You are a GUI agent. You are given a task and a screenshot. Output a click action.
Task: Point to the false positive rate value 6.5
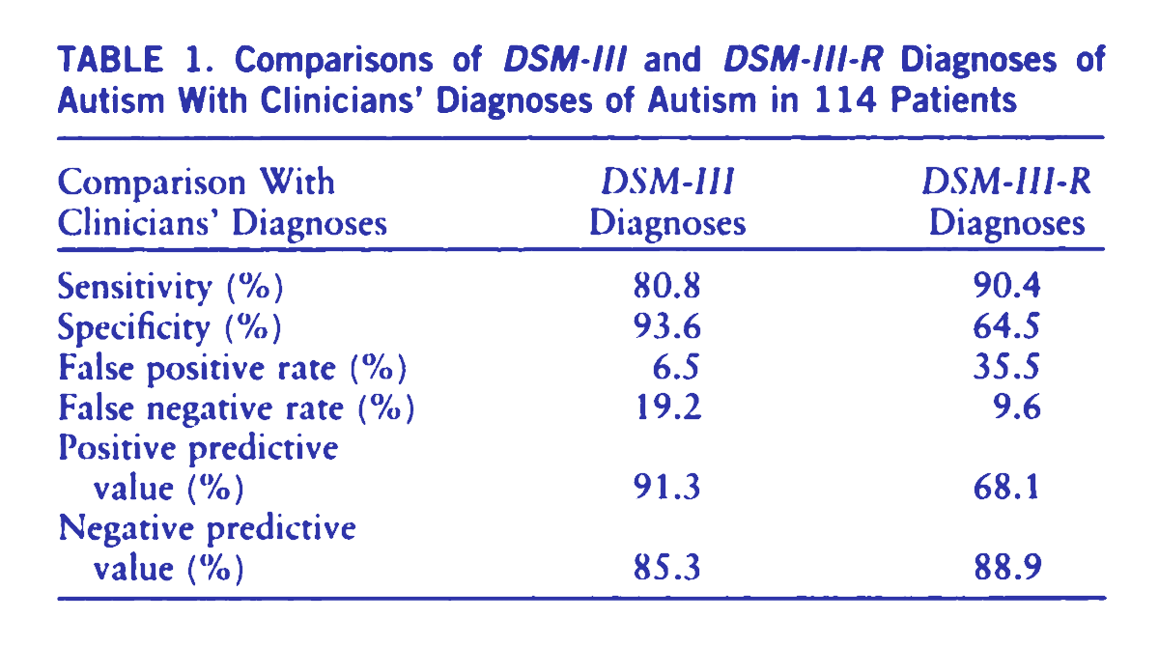[675, 369]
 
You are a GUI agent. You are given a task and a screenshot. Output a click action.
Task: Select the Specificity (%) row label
[170, 328]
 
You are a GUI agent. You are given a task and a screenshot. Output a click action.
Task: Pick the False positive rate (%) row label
[232, 369]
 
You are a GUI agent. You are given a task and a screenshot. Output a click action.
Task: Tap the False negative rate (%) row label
[237, 409]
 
